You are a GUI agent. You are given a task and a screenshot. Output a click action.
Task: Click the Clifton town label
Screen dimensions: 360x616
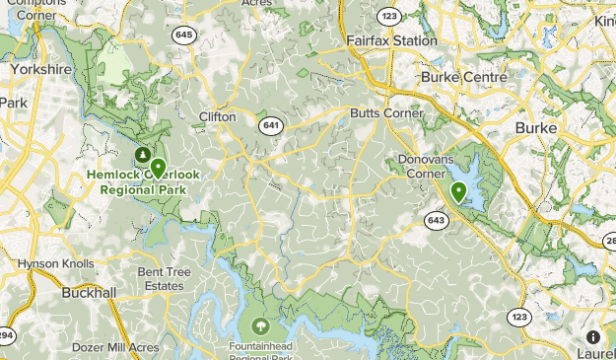coord(217,116)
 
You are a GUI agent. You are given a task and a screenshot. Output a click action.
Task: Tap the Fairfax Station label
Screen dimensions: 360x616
coord(391,41)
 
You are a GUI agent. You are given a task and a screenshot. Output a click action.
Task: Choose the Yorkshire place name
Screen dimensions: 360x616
coord(41,71)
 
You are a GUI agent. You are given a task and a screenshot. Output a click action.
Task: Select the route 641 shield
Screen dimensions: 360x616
coord(271,125)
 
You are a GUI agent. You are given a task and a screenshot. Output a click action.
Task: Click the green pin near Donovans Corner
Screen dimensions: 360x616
coord(458,190)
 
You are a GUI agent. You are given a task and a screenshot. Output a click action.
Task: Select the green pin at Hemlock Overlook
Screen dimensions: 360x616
coord(158,168)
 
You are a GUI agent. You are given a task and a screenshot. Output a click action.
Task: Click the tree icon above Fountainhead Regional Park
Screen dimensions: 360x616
coord(261,324)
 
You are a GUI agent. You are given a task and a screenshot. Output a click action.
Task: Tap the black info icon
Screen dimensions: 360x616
coord(592,336)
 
